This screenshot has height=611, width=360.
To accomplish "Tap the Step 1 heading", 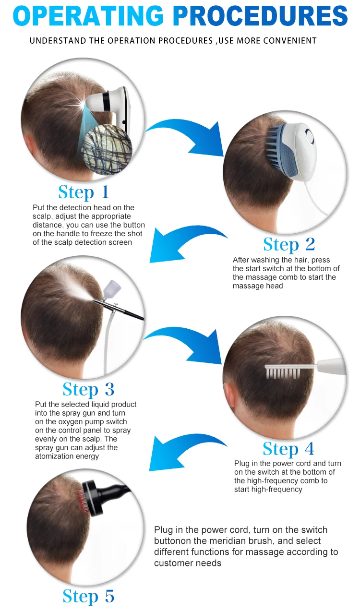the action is point(84,192).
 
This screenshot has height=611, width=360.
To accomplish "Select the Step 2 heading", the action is point(289,244).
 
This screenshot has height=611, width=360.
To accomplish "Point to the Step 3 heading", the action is point(88,389).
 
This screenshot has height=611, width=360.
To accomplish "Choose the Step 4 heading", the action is point(288,449).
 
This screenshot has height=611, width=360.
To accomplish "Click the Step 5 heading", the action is point(88,596).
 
